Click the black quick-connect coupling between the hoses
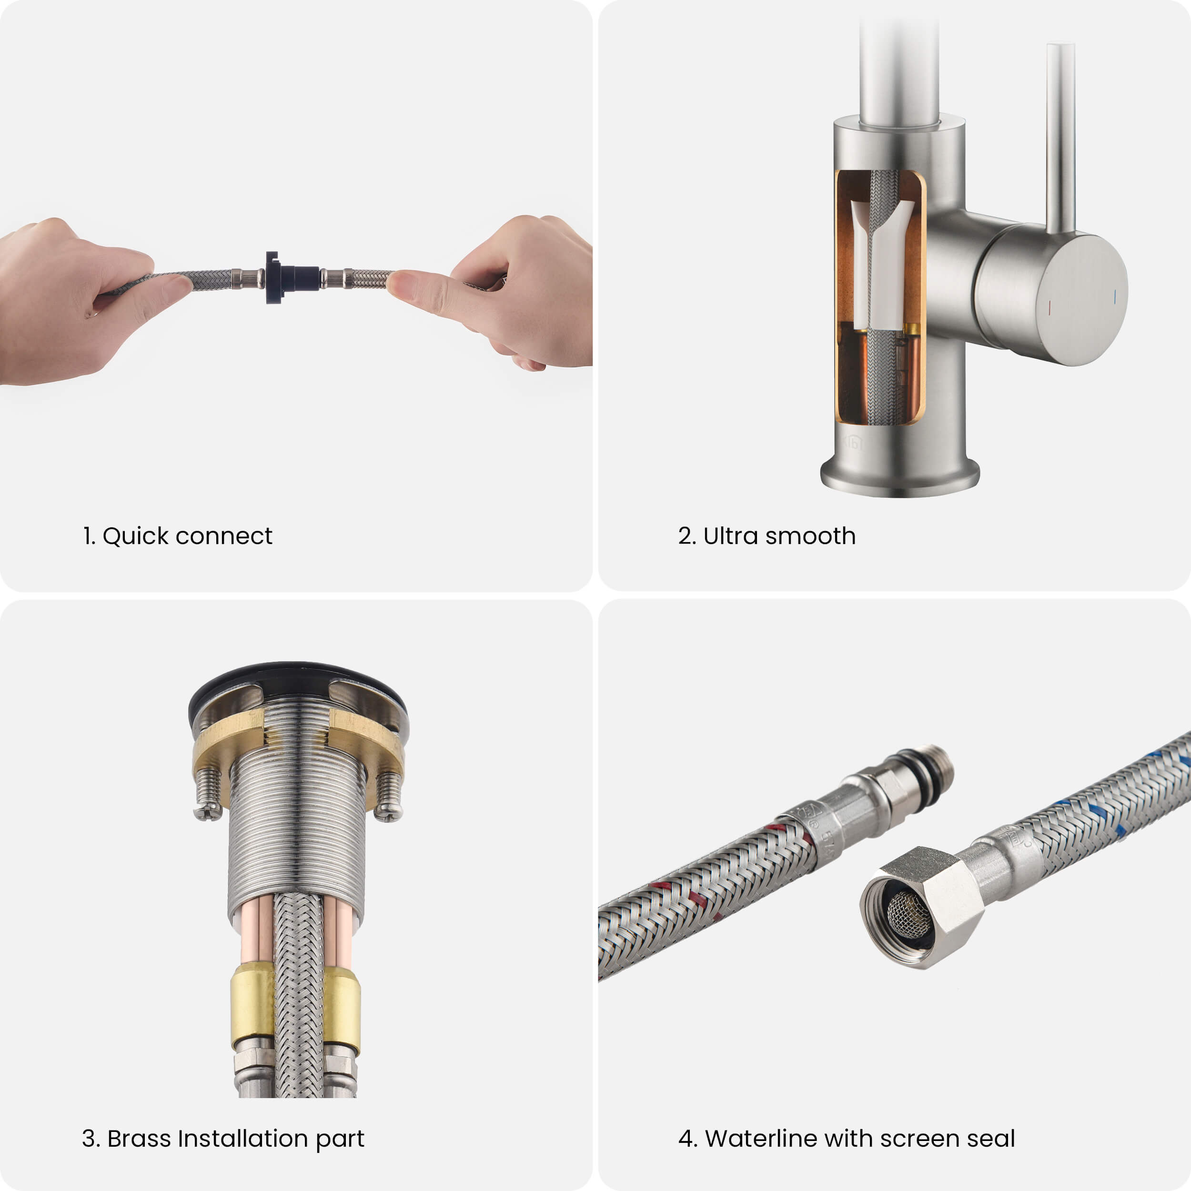click(x=292, y=278)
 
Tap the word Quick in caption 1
click(x=136, y=536)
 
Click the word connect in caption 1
click(x=224, y=536)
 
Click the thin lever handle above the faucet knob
click(x=1060, y=138)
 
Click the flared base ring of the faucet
click(x=900, y=477)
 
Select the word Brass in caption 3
click(x=139, y=1139)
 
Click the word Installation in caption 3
click(x=243, y=1139)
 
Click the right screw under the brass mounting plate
click(x=388, y=796)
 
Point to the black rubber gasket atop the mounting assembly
click(x=297, y=684)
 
